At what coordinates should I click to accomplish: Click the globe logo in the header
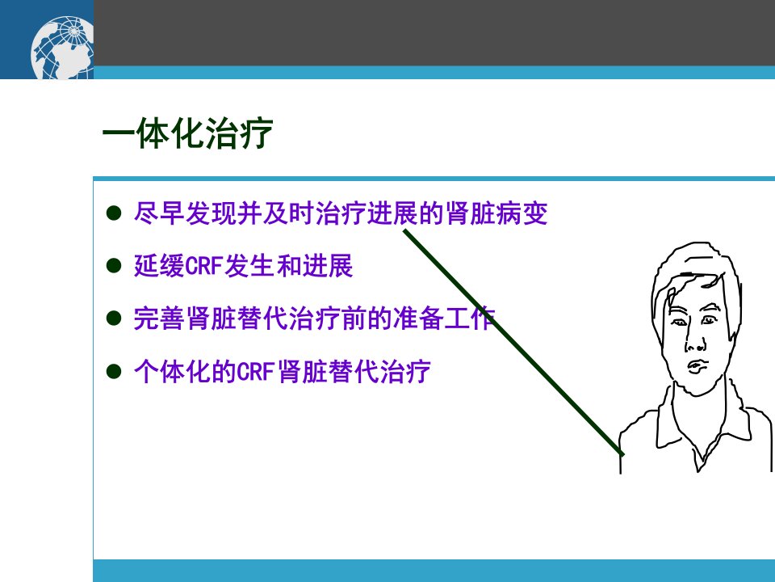(62, 48)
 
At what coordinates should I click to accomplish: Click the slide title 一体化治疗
(188, 133)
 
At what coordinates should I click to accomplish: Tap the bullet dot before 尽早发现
(114, 213)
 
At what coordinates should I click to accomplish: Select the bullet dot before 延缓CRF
(114, 266)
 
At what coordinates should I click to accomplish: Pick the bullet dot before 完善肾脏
(114, 318)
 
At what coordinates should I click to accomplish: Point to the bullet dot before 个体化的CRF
(114, 371)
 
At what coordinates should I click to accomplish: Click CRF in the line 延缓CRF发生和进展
(203, 266)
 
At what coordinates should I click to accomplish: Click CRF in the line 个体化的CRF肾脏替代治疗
(256, 371)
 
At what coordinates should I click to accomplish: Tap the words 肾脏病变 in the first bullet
(496, 213)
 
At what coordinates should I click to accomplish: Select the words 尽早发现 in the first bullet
(185, 213)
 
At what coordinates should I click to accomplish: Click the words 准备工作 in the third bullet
(445, 318)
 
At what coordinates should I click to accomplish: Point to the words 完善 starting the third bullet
(159, 318)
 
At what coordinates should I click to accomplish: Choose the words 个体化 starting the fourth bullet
(172, 371)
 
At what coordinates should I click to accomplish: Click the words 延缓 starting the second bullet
(159, 266)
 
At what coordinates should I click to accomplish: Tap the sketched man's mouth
(697, 367)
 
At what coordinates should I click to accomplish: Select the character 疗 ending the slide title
(256, 133)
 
